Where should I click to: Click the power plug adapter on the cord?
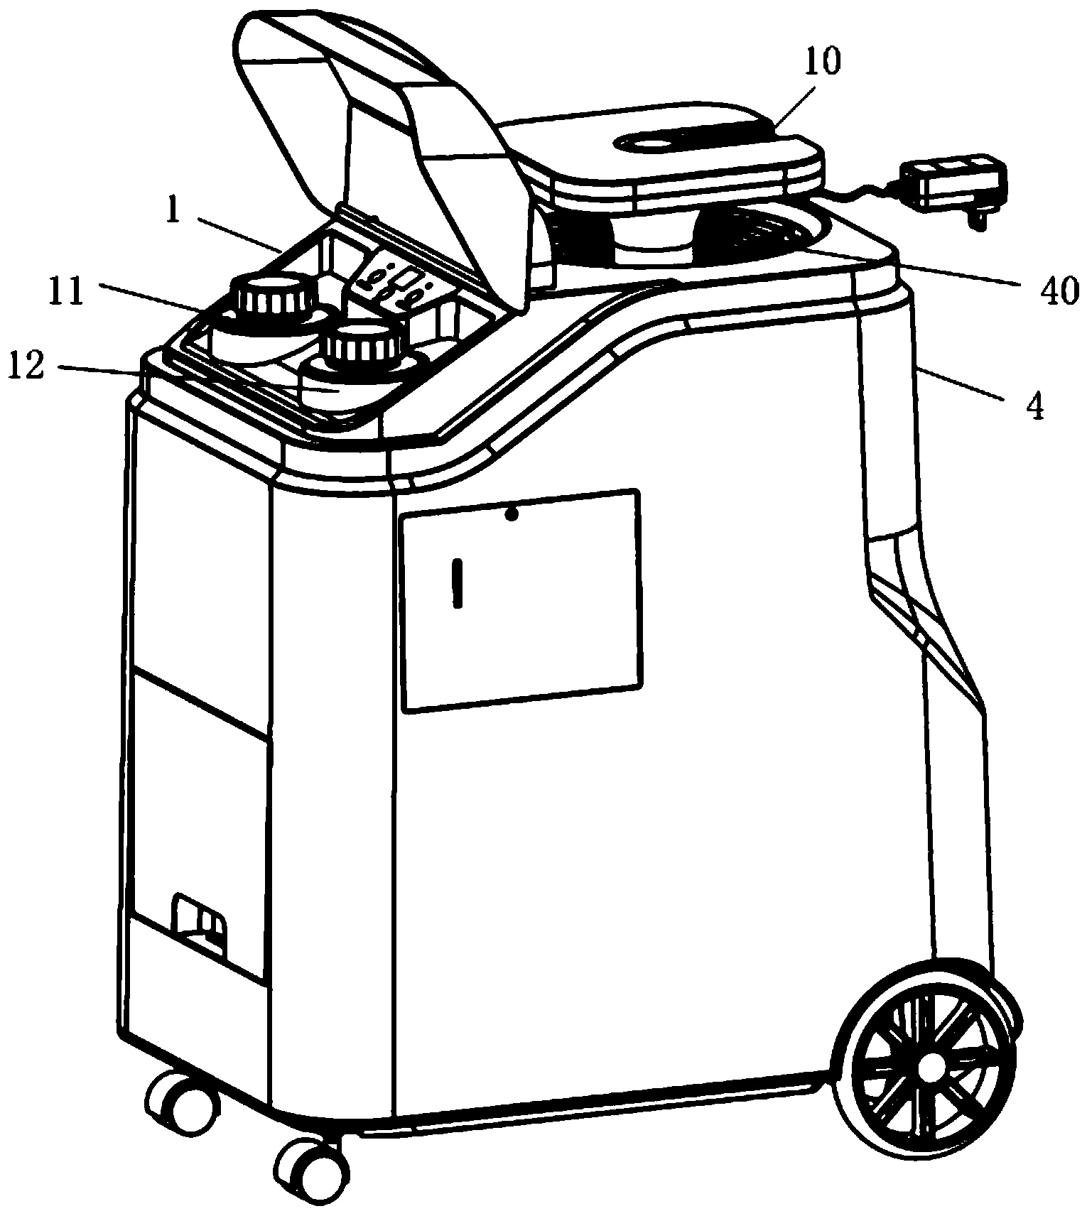point(951,186)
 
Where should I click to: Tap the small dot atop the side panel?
point(510,515)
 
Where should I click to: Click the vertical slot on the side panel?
point(458,583)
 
